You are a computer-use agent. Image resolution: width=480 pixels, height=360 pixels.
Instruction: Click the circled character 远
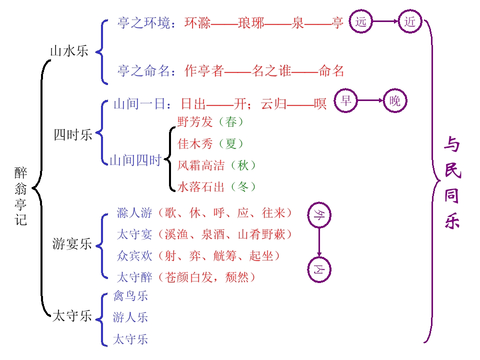point(360,21)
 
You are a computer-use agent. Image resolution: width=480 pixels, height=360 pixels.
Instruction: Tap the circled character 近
point(410,21)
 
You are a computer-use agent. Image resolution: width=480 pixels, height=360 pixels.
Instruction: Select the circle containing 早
point(345,100)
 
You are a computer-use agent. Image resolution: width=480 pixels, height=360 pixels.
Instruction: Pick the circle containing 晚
point(395,100)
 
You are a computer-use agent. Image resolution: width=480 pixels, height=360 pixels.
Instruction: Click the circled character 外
point(319,215)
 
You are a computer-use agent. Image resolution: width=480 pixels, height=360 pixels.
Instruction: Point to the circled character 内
point(319,269)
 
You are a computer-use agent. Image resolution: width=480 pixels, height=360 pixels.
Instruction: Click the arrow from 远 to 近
point(385,21)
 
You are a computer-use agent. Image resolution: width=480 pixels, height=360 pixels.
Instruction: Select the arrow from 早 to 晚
point(370,100)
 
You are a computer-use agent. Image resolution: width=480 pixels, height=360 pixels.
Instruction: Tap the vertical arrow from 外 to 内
point(319,242)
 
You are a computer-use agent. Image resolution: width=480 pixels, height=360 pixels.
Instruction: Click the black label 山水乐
point(69,51)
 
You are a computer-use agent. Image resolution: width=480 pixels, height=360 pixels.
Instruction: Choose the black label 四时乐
point(73,135)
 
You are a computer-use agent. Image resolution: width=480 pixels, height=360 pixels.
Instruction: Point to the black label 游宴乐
point(72,244)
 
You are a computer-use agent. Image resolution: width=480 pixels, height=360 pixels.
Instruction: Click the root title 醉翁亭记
point(21,196)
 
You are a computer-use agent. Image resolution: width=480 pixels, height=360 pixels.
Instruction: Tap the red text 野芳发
point(195,122)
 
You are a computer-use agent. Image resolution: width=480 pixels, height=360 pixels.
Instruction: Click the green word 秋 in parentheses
point(243,165)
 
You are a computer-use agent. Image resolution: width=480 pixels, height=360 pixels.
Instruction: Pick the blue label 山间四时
point(135,160)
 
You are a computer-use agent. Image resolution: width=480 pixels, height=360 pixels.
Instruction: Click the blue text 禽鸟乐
point(130,296)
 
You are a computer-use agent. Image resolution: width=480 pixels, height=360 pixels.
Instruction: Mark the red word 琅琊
point(251,23)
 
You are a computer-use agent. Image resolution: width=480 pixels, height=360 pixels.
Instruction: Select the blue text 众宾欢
point(134,256)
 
